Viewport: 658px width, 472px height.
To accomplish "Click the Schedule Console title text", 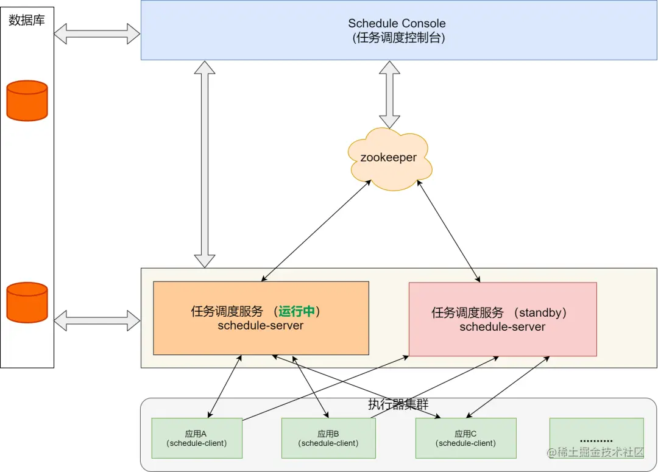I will click(397, 24).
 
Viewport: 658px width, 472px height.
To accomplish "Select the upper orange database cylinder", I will click(27, 100).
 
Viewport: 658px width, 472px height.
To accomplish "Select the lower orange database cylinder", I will click(27, 302).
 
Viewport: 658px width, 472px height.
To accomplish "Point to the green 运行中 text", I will click(297, 312).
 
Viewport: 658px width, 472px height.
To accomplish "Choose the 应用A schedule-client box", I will click(196, 439).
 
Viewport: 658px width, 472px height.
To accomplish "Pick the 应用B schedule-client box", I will click(328, 439).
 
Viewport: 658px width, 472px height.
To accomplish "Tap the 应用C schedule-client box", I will click(465, 439).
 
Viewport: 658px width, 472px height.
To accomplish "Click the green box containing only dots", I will click(596, 439).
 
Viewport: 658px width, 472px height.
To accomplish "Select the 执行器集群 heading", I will click(398, 405).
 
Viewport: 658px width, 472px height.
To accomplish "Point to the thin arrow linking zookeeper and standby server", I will click(448, 231).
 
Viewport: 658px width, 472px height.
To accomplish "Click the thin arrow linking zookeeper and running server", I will click(317, 231).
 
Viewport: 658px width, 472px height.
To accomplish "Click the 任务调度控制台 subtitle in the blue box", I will click(398, 38).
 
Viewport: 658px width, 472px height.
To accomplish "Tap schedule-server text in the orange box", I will click(261, 325).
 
